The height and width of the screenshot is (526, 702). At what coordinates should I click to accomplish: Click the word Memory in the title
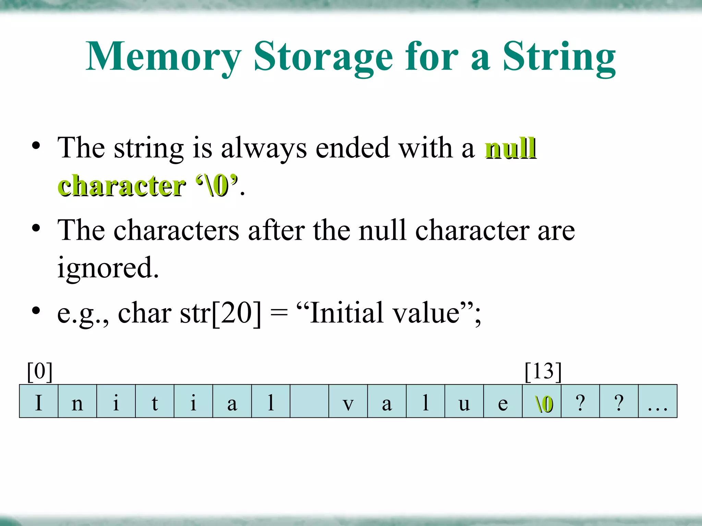point(164,57)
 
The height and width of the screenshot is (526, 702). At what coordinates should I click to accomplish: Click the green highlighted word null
point(510,148)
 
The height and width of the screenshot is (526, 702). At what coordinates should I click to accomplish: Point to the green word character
point(121,186)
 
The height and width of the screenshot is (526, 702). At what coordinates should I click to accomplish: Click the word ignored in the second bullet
point(108,268)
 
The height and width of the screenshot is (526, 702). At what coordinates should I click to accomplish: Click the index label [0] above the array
point(40,372)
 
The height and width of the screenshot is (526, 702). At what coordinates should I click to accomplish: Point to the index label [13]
point(543,372)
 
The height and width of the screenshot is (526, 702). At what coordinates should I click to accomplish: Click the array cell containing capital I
point(39,401)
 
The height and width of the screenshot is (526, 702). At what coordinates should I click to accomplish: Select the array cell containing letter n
point(77,401)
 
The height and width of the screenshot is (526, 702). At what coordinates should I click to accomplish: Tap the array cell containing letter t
point(155,401)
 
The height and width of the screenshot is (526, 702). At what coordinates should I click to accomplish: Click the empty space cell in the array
point(309,401)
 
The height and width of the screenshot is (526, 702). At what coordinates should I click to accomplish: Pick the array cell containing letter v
point(348,401)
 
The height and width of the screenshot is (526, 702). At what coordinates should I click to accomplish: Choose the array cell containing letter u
point(464,401)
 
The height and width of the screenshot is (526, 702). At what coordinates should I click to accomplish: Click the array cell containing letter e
point(503,401)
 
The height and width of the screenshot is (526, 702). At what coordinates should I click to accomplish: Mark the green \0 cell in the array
point(542,401)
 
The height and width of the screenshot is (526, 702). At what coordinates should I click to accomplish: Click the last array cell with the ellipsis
point(657,401)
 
